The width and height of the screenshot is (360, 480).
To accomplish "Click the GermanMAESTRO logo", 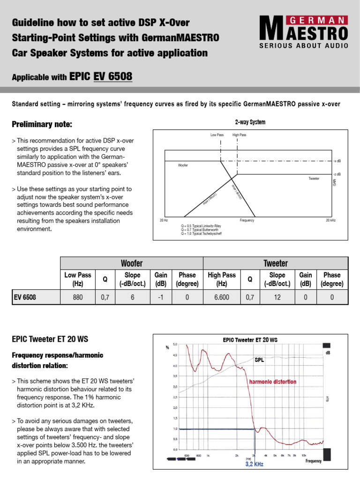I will (303, 32).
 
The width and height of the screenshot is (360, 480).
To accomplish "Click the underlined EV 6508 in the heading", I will (113, 76).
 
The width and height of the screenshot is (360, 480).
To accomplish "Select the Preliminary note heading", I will (42, 124).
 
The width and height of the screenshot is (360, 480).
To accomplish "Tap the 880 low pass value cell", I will (77, 297).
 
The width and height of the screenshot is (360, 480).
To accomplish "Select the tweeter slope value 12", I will (277, 297).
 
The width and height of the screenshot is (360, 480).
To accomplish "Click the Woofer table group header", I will (132, 263).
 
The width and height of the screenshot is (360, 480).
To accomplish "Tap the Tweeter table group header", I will (275, 263).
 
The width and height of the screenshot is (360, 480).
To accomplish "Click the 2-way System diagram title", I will (250, 122).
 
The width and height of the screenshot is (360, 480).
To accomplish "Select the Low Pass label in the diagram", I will (217, 135).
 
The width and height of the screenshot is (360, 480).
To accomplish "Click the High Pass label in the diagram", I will (239, 135).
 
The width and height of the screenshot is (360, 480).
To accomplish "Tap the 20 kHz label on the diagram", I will (330, 220).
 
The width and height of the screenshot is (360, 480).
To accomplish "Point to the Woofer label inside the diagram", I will (183, 165).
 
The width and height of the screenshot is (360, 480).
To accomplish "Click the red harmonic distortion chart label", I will (272, 382).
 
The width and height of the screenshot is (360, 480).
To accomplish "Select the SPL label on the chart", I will (259, 360).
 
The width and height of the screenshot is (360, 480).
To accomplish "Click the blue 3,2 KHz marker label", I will (255, 465).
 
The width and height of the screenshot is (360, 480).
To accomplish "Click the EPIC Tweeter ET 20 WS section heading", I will (50, 339).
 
